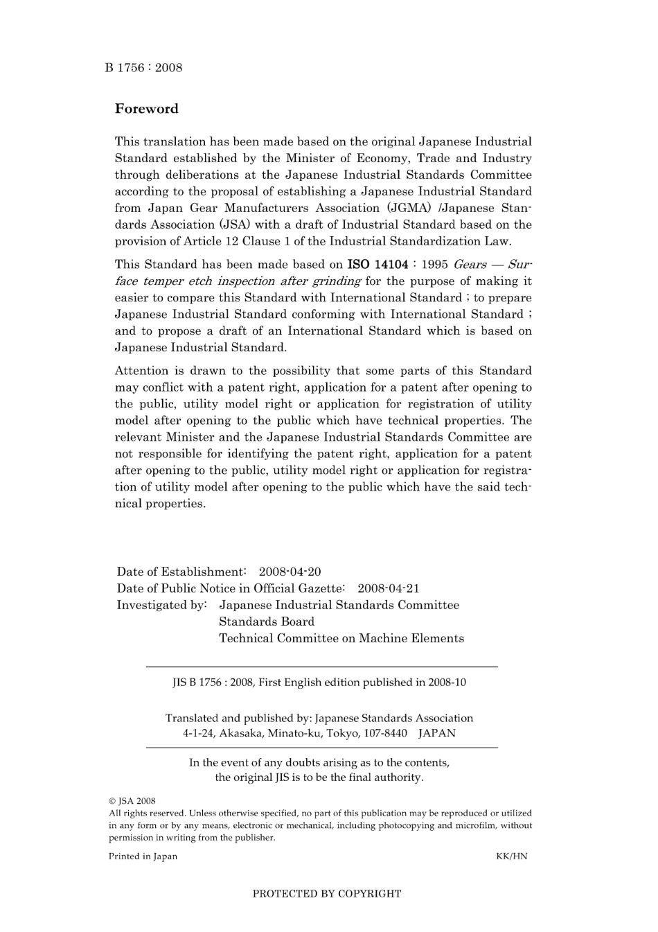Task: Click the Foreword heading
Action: (x=146, y=109)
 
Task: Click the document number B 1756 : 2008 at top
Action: (x=143, y=67)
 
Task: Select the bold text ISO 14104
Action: (x=377, y=265)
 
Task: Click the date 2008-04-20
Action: (x=290, y=572)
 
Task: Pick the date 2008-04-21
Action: (x=388, y=588)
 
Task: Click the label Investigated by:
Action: (x=161, y=605)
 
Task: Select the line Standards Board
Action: (x=266, y=622)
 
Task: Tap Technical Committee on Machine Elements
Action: (x=341, y=638)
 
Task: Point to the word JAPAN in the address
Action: (x=436, y=733)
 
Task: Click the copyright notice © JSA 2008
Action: (x=132, y=800)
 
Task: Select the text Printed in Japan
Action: (x=143, y=856)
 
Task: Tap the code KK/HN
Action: (x=511, y=856)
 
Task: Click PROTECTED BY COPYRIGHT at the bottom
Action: (x=326, y=893)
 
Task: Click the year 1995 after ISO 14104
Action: (x=434, y=265)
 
